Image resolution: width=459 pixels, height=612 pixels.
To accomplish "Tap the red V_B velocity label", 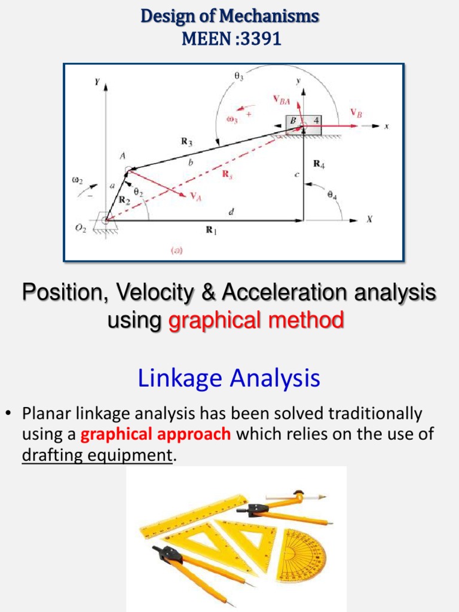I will (356, 112).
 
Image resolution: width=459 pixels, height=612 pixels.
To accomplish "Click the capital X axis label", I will (369, 219).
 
